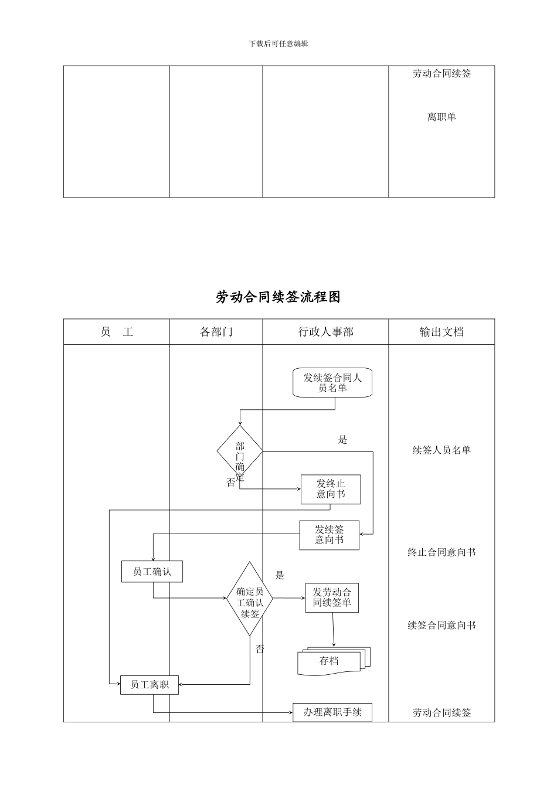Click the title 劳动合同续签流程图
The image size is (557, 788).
(x=278, y=297)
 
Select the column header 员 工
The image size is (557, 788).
(x=117, y=332)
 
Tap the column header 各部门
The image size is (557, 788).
(x=216, y=332)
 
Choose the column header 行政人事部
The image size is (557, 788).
(x=325, y=332)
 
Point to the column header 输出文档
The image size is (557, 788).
(x=441, y=332)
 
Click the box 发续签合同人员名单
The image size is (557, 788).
(x=332, y=383)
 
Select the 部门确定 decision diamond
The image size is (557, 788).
(x=240, y=451)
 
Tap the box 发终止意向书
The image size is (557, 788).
(x=331, y=489)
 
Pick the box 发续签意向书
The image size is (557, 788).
(x=329, y=535)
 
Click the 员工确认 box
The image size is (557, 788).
(x=152, y=572)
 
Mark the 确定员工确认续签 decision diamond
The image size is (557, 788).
(x=250, y=599)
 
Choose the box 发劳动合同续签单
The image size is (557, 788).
(x=332, y=597)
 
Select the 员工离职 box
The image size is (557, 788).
(x=149, y=685)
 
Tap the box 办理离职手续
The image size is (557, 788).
(x=332, y=712)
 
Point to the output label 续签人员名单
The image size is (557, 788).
(x=441, y=450)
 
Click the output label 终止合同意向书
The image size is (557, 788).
(x=441, y=552)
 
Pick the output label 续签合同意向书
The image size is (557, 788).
(x=441, y=626)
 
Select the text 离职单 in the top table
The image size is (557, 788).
(x=441, y=117)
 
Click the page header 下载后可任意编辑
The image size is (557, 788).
(x=278, y=44)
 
